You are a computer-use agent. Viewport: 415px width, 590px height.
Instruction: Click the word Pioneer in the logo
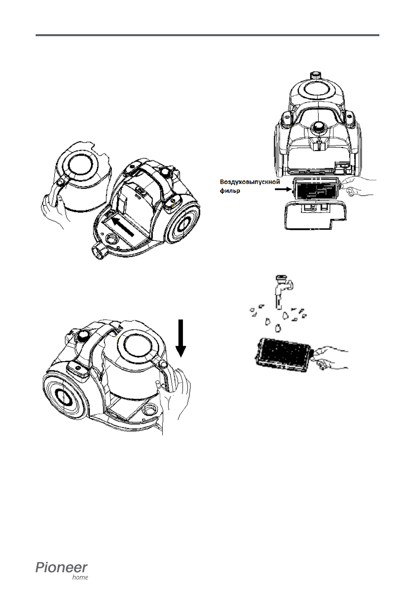pos(61,567)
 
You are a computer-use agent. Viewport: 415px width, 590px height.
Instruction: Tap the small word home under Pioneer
pos(80,578)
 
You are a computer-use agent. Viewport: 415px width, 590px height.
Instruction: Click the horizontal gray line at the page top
pos(207,35)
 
